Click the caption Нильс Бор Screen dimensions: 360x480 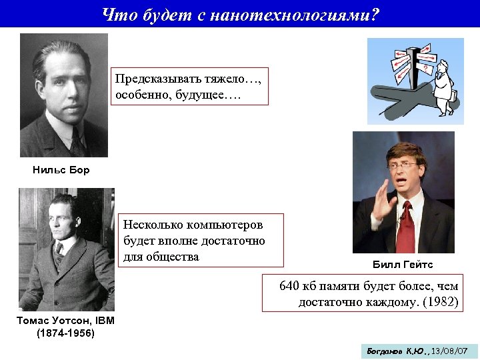click(61, 170)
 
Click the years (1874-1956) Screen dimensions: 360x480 click(65, 333)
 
